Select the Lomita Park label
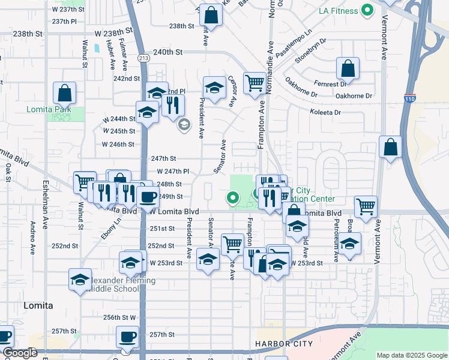(x=49, y=110)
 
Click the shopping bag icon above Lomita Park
(x=64, y=94)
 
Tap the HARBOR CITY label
(x=284, y=344)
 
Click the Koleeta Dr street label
(x=325, y=112)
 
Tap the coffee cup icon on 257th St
(x=127, y=338)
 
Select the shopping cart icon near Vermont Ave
(x=366, y=207)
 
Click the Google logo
(x=20, y=353)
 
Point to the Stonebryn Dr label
(x=310, y=51)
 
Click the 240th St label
(x=167, y=53)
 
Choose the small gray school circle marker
(x=184, y=125)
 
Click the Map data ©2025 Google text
(x=411, y=355)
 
